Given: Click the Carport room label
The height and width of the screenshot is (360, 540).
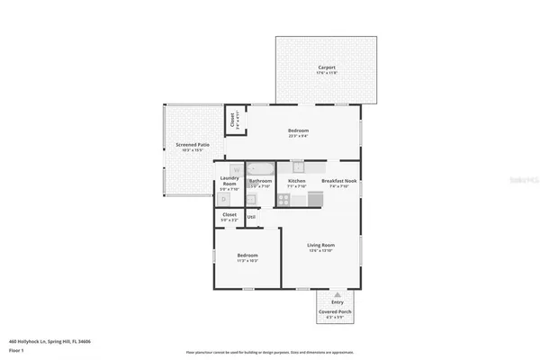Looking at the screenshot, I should (x=326, y=68).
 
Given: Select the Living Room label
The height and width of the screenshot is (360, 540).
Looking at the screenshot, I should (x=321, y=245).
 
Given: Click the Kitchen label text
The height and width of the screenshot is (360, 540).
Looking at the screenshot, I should (x=296, y=181).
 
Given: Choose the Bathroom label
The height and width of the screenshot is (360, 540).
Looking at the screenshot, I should (x=260, y=181).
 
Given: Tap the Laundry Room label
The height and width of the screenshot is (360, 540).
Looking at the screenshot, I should (x=229, y=181).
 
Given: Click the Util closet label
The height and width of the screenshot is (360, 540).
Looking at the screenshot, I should (x=251, y=216).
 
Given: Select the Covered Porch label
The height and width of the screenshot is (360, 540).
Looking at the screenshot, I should (x=334, y=312).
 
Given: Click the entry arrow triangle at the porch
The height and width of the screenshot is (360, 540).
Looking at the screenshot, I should (x=337, y=295).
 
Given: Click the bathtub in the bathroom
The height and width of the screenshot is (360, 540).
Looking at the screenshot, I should (x=262, y=168).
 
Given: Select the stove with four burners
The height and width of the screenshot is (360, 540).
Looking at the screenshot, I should (x=284, y=200).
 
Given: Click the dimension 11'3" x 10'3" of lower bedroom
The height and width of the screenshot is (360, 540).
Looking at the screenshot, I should (x=247, y=261).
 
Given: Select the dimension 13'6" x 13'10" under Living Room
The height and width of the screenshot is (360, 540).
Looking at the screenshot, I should (x=321, y=251).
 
